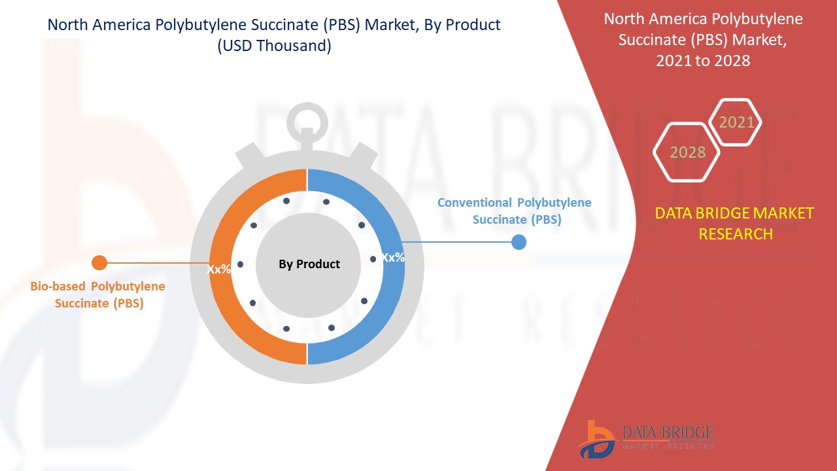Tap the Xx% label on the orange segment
tap(219, 269)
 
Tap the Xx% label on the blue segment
tap(393, 257)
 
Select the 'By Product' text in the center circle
tap(309, 264)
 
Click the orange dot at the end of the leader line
tap(99, 263)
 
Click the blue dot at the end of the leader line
tap(519, 242)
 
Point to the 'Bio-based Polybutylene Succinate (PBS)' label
tap(98, 295)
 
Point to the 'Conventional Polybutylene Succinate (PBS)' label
tap(515, 211)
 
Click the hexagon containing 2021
tap(736, 122)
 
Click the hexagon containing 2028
tap(687, 152)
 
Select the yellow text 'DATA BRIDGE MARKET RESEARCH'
tap(735, 223)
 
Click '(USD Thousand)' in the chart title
tap(274, 46)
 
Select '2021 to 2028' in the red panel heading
tap(703, 60)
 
